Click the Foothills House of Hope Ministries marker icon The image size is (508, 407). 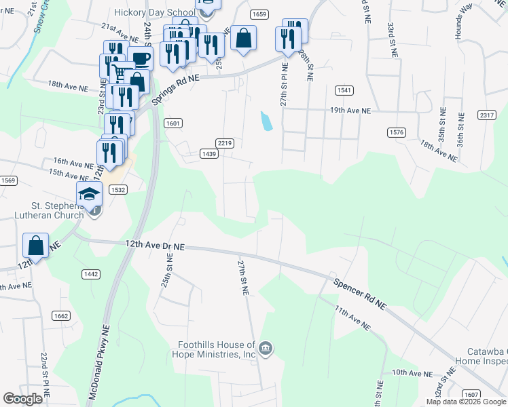click(x=266, y=349)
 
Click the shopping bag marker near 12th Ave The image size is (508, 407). click(x=36, y=245)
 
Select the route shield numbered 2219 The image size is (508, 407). click(x=225, y=142)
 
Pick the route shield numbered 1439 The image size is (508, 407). click(x=210, y=155)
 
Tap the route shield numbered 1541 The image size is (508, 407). click(x=344, y=90)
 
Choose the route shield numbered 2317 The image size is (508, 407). click(x=486, y=115)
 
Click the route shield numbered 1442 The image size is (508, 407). click(x=91, y=273)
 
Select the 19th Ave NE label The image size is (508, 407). click(x=350, y=110)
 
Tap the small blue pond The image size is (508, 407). click(x=267, y=121)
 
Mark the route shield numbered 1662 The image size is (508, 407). click(x=61, y=315)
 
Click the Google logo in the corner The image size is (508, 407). click(x=23, y=399)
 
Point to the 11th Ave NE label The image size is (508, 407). click(x=352, y=317)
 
